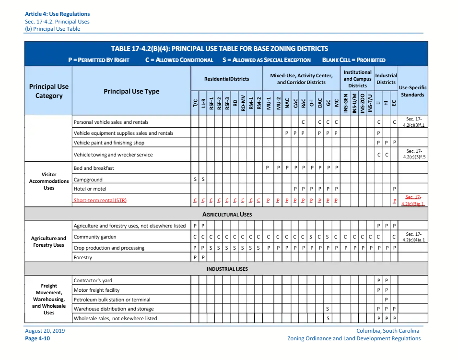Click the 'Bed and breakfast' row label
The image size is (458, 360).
(94, 168)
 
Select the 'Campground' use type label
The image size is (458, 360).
(88, 180)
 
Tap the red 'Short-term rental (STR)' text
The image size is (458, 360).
(100, 200)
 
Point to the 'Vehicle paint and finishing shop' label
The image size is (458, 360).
(109, 143)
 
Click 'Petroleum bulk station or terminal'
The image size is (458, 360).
(112, 300)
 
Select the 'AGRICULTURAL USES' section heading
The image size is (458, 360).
(227, 214)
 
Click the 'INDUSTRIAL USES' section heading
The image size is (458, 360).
(227, 269)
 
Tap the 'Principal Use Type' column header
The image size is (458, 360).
(131, 91)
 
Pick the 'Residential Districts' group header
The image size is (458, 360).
(226, 79)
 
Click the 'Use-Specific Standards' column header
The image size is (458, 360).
(412, 91)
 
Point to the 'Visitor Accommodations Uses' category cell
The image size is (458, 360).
(49, 181)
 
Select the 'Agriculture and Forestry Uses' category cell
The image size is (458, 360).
(49, 241)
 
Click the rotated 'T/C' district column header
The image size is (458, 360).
(195, 103)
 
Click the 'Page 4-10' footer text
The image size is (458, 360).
(37, 338)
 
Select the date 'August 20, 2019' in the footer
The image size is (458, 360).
(45, 331)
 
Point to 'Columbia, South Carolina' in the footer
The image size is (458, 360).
(388, 331)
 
